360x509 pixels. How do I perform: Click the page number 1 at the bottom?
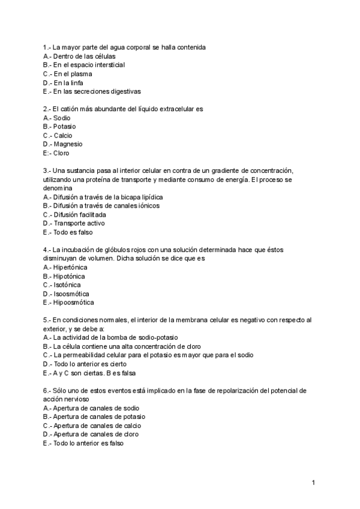tap(313, 483)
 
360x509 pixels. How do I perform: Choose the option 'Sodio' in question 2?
tap(62, 118)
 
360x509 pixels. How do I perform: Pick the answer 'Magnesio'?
tap(67, 144)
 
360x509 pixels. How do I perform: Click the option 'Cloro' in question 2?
tap(61, 153)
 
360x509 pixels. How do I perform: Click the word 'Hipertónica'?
tap(70, 267)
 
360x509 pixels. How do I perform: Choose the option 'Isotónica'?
tap(67, 285)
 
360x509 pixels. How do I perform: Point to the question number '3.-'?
tap(47, 170)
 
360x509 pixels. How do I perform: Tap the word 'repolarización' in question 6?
tap(220, 390)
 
